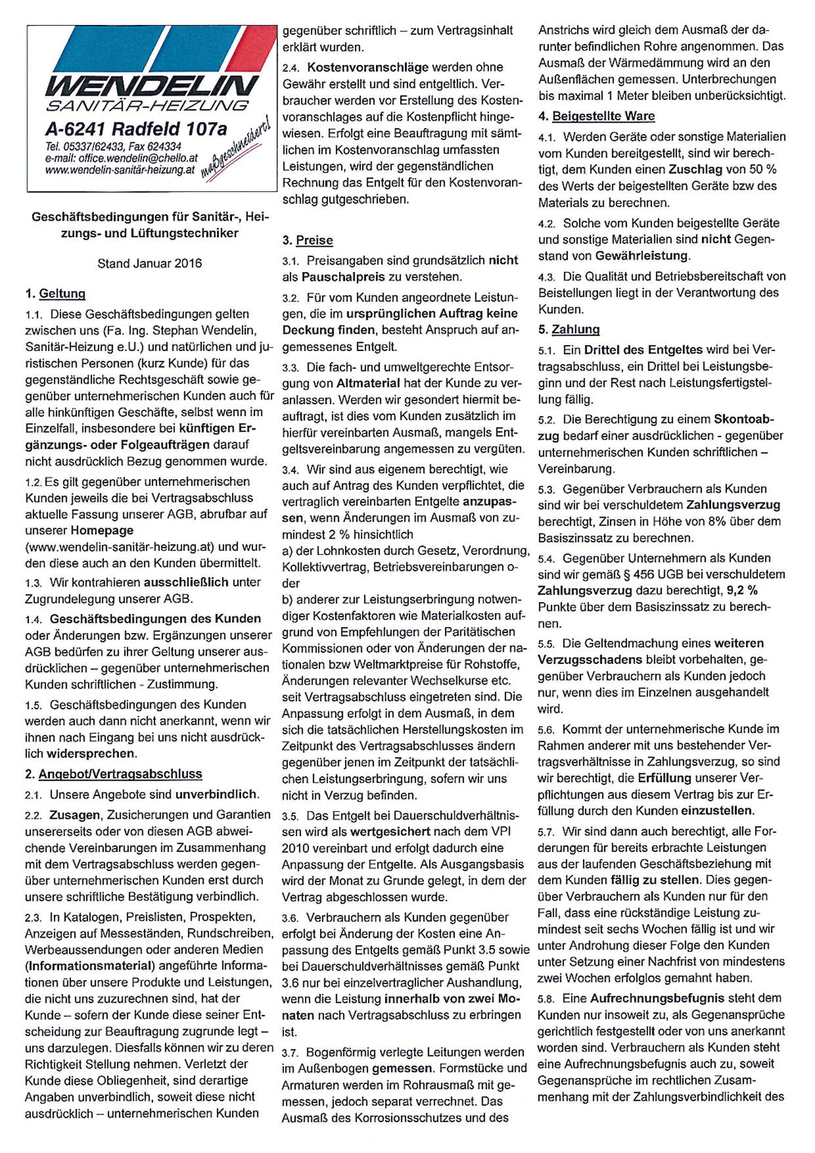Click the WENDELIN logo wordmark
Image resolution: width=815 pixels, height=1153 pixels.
click(x=150, y=86)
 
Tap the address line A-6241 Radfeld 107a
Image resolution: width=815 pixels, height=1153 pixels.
click(x=136, y=129)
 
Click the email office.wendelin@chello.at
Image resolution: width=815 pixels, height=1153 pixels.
click(x=121, y=158)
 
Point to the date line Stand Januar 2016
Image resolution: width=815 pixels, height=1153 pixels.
click(x=150, y=264)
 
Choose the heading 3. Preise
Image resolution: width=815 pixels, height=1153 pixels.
click(x=308, y=240)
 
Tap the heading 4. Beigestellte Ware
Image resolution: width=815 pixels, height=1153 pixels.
click(x=596, y=116)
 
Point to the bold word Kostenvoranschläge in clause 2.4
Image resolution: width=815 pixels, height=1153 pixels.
click(x=368, y=67)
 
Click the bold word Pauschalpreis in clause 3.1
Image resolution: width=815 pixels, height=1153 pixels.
click(x=346, y=277)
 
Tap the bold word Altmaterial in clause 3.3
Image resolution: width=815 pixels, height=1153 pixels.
click(x=368, y=384)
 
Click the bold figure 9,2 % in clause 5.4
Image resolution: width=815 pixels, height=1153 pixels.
click(x=742, y=591)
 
